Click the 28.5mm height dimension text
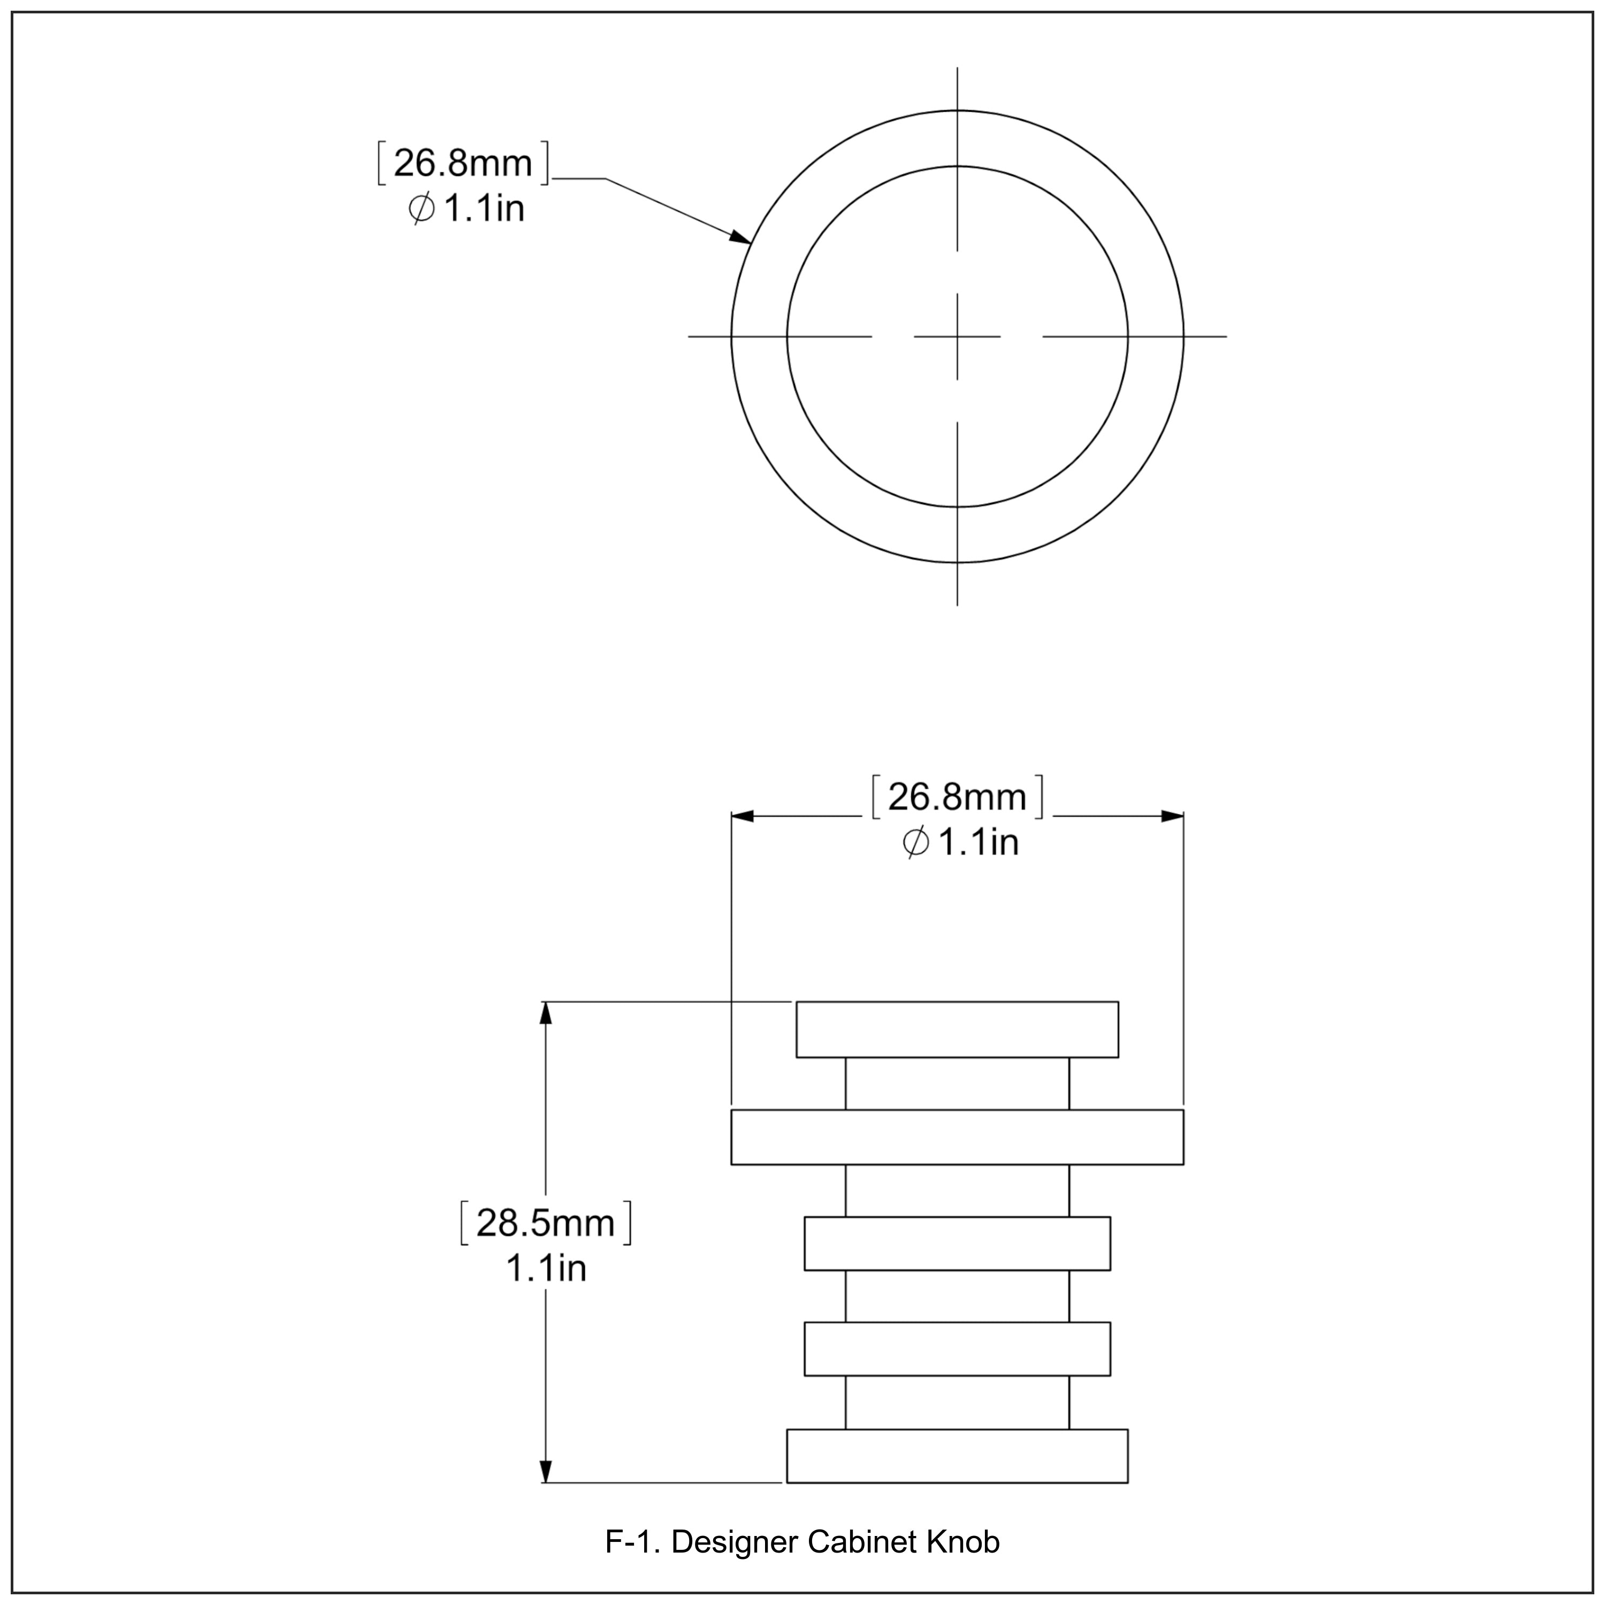pyautogui.click(x=545, y=1223)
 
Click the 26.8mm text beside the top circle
pyautogui.click(x=463, y=163)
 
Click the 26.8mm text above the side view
pyautogui.click(x=957, y=798)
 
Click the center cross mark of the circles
pyautogui.click(x=957, y=337)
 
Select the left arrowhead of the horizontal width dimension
pyautogui.click(x=742, y=816)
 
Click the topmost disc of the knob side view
pyautogui.click(x=957, y=1029)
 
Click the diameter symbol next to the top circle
pyautogui.click(x=421, y=209)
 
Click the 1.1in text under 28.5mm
pyautogui.click(x=546, y=1268)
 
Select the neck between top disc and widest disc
pyautogui.click(x=957, y=1083)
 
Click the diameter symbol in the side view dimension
pyautogui.click(x=915, y=843)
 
